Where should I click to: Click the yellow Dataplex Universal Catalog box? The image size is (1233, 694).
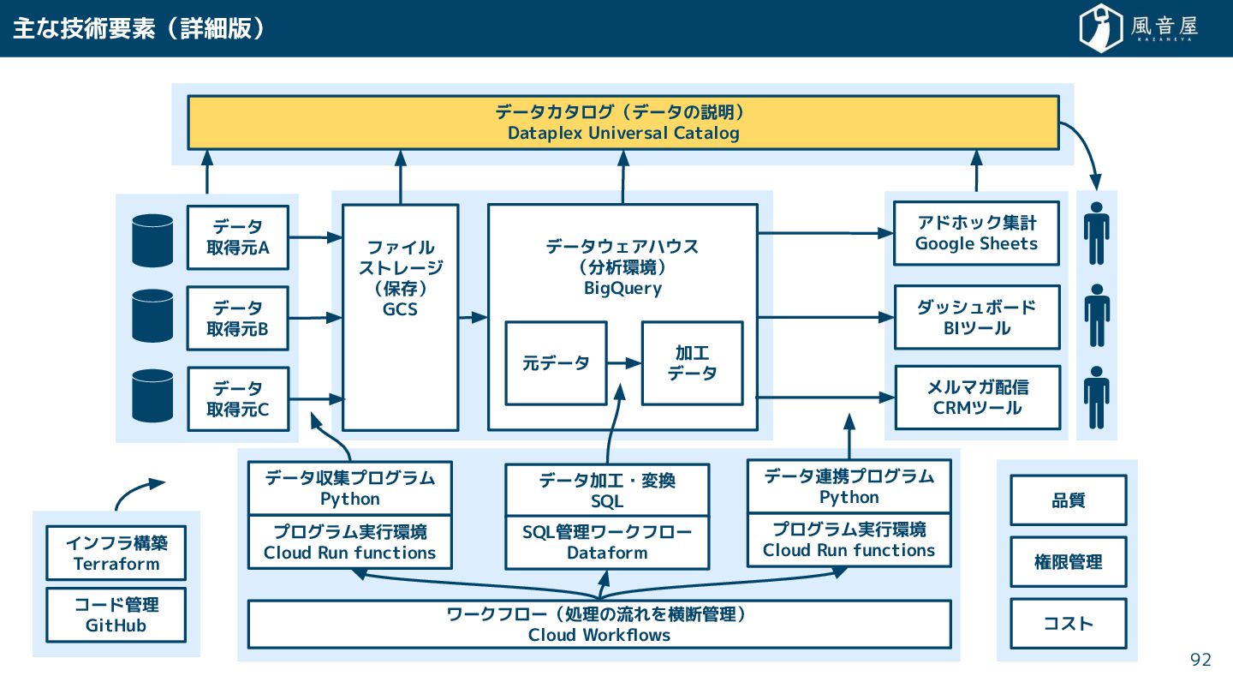[x=623, y=123]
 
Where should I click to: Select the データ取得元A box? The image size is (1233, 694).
[x=238, y=237]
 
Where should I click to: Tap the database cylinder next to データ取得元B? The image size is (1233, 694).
[x=152, y=315]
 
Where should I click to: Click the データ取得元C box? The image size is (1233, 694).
[x=238, y=398]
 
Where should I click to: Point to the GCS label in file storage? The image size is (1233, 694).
[x=400, y=309]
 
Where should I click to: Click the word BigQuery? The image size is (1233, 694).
[x=622, y=288]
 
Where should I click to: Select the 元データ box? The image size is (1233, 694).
[x=556, y=363]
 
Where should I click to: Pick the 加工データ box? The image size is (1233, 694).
[x=693, y=363]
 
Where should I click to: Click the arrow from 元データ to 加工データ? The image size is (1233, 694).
[x=624, y=363]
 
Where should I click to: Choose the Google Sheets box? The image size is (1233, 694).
[x=976, y=233]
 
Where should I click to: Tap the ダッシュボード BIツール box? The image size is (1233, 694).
[x=977, y=317]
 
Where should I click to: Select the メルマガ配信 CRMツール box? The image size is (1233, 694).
[x=978, y=398]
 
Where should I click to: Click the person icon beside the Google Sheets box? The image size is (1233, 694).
[x=1097, y=233]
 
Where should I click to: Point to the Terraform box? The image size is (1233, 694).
[x=116, y=553]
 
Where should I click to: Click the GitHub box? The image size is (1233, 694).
[x=116, y=614]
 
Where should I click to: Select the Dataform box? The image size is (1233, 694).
[x=607, y=542]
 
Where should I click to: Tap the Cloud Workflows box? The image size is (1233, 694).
[x=599, y=624]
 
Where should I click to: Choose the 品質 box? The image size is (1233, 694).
[x=1069, y=500]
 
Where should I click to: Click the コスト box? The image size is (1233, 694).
[x=1069, y=624]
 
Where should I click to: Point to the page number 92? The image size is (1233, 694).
[x=1200, y=660]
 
